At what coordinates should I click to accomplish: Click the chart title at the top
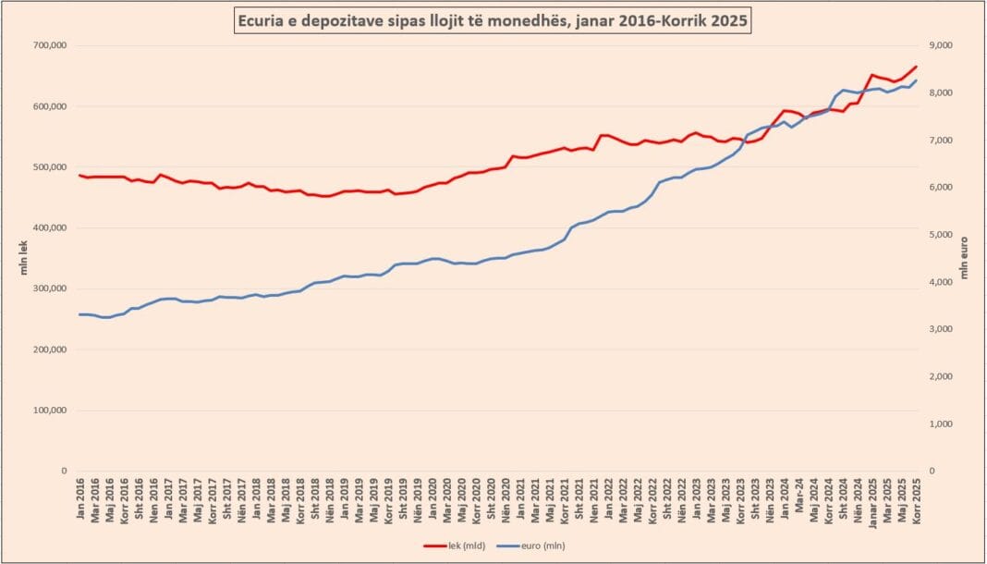(x=493, y=19)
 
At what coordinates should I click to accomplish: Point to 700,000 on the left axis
(x=50, y=45)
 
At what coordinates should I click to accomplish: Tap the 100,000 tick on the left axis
(x=50, y=410)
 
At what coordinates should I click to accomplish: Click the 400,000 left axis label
(x=50, y=227)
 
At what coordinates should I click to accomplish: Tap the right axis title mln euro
(x=967, y=258)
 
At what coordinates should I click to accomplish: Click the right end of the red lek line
(x=917, y=66)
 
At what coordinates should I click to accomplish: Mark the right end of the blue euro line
(x=917, y=80)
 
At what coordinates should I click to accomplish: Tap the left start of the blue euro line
(x=79, y=314)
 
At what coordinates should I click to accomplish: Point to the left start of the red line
(x=79, y=175)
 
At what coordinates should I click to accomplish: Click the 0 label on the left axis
(x=64, y=471)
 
